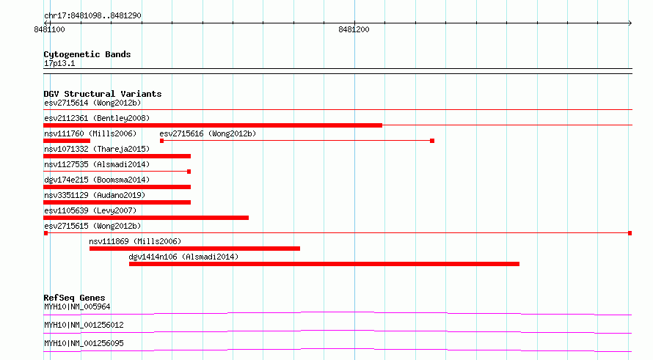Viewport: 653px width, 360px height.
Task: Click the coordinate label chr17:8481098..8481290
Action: (92, 16)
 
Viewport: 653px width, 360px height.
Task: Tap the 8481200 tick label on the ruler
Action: (354, 29)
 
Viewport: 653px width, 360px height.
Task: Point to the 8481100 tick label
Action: (49, 29)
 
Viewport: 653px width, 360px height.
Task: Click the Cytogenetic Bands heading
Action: (87, 54)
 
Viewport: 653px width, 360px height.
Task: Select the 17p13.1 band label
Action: (59, 63)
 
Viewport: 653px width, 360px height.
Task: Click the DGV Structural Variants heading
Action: (103, 94)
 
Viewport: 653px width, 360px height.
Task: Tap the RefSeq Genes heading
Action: (74, 298)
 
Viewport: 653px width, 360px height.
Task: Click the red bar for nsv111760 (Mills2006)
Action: (67, 141)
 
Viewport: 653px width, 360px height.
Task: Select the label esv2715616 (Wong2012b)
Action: (208, 133)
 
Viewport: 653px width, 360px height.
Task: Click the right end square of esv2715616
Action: (432, 141)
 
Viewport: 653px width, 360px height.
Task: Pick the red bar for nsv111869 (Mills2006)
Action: (194, 249)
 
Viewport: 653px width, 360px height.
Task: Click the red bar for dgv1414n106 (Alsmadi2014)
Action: (324, 264)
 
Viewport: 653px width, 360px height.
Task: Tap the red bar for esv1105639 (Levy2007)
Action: (146, 218)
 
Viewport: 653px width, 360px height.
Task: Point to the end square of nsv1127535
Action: (189, 172)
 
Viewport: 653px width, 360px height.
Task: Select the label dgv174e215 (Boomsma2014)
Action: (97, 180)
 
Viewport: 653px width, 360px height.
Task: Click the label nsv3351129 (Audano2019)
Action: (95, 195)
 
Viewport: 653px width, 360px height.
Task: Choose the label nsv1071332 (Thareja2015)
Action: (97, 149)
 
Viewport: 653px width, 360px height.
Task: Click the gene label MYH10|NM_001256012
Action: (84, 325)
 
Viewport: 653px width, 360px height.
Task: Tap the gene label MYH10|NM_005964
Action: (77, 306)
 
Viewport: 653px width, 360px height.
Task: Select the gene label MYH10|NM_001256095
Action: (84, 343)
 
